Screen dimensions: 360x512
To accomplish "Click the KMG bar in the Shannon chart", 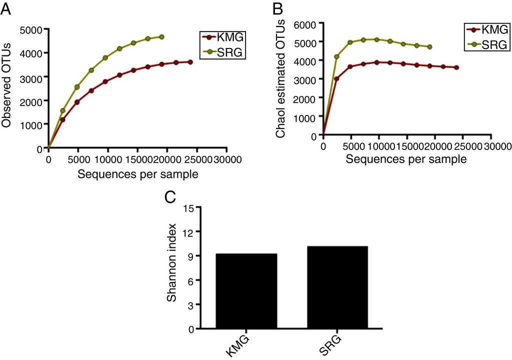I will point(245,291).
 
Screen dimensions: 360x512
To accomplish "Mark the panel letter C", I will point(170,196).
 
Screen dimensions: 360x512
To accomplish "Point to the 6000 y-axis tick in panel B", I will point(305,23).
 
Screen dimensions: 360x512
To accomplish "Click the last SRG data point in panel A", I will point(161,37).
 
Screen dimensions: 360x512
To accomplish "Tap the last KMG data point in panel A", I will point(190,62).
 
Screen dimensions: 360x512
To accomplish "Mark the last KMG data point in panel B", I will point(456,67).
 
